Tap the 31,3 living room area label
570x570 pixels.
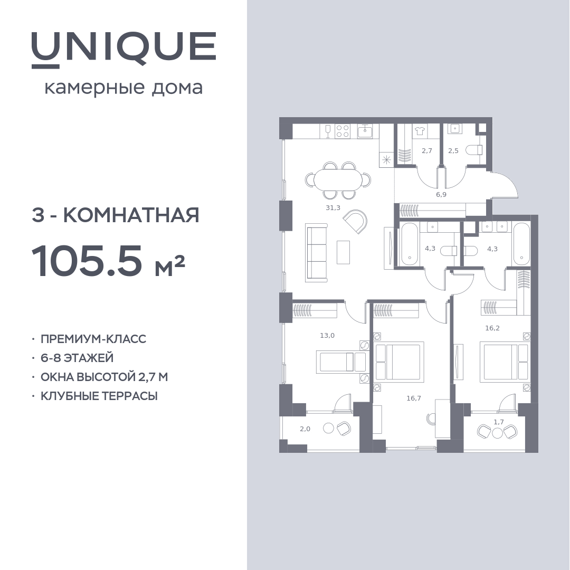(x=333, y=208)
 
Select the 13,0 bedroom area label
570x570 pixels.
(x=327, y=336)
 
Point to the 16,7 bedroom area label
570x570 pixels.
(x=414, y=398)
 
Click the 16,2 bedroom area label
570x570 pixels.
(x=492, y=328)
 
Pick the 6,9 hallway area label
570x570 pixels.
(x=441, y=194)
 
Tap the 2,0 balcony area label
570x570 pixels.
(x=305, y=429)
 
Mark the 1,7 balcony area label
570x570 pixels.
(x=499, y=422)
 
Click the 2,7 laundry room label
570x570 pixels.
(x=427, y=150)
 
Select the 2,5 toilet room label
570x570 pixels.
(x=453, y=150)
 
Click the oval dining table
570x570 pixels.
(x=338, y=180)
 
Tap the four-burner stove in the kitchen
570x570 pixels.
(x=342, y=131)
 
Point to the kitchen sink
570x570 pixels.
(x=365, y=131)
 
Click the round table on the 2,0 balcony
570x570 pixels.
(x=328, y=428)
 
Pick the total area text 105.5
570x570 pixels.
(x=87, y=261)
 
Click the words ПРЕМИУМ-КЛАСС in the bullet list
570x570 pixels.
(x=93, y=339)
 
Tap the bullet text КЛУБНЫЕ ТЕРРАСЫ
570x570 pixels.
(x=99, y=396)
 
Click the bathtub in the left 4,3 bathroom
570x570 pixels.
(x=410, y=244)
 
